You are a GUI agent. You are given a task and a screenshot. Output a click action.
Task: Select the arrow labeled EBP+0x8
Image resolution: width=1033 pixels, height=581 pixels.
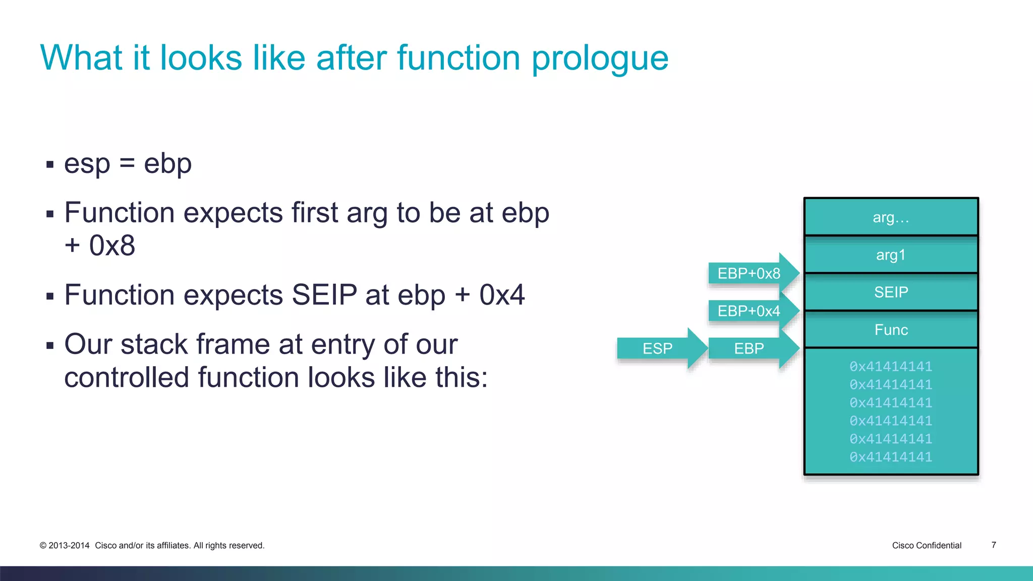(749, 273)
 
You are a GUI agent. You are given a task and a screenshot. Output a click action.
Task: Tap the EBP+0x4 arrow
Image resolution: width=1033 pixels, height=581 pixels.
(749, 311)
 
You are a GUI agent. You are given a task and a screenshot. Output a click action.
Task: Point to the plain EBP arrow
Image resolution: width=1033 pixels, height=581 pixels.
(749, 348)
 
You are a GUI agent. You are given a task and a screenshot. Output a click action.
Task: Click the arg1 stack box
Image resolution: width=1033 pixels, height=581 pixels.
(891, 255)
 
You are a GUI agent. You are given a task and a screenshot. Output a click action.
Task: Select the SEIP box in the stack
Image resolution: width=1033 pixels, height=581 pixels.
(891, 292)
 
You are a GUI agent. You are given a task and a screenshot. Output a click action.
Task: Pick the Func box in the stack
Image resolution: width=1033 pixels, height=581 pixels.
(891, 330)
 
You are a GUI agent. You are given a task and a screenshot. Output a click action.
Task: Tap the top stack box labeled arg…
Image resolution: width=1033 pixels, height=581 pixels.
(891, 217)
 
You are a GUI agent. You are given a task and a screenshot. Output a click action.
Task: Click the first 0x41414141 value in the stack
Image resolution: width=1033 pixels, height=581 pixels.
(891, 366)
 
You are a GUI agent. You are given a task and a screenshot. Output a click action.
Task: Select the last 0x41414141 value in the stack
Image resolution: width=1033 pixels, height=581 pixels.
(891, 457)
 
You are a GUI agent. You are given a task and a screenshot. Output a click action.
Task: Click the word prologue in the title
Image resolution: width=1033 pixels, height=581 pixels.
(600, 59)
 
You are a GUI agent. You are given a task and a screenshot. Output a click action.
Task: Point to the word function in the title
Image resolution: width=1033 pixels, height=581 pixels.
(458, 57)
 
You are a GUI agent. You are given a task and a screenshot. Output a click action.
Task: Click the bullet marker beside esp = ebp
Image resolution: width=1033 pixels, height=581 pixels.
(49, 164)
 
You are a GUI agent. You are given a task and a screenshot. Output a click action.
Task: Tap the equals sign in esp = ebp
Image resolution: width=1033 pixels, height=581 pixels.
(127, 164)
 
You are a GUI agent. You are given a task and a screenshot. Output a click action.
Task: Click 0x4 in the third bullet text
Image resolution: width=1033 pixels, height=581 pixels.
(502, 295)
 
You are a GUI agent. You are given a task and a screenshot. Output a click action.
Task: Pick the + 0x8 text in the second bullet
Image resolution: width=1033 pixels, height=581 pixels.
(100, 246)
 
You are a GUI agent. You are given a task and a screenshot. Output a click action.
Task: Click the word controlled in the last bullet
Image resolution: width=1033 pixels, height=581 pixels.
(127, 377)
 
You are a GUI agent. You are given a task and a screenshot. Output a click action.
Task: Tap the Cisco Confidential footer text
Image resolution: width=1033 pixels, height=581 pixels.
(927, 545)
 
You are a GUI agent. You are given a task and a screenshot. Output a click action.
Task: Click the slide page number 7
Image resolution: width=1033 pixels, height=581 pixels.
(994, 545)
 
